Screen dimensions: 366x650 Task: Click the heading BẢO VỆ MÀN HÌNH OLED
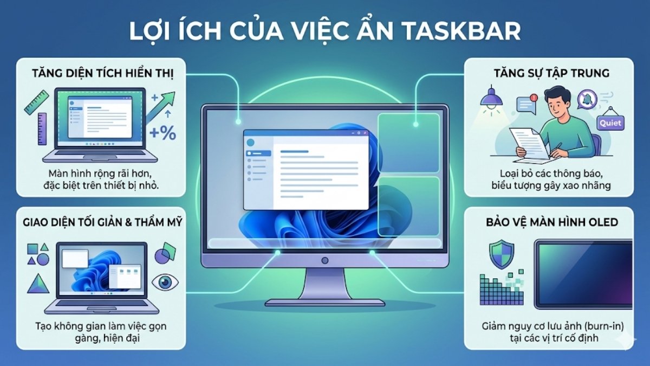(x=548, y=222)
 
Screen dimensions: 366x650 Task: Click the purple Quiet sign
(x=610, y=124)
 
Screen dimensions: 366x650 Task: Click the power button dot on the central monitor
(x=324, y=260)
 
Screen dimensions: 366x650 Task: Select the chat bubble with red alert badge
(x=526, y=105)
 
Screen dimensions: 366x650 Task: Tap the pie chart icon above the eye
(x=165, y=252)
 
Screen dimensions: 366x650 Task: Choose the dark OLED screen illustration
(x=583, y=274)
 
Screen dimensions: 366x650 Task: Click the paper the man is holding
(x=532, y=141)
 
